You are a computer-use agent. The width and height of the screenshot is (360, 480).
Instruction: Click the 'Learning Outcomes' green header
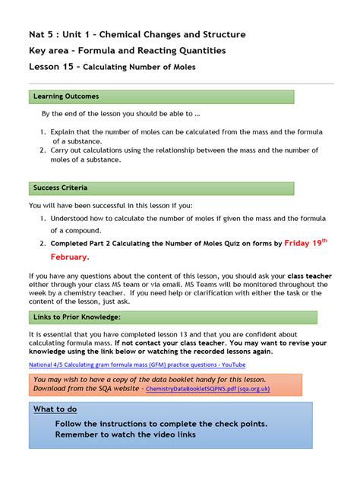pyautogui.click(x=65, y=96)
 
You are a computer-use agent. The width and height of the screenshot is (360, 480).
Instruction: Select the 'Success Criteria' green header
pyautogui.click(x=61, y=188)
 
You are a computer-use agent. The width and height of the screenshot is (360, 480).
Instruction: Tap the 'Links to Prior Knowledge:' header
pyautogui.click(x=76, y=316)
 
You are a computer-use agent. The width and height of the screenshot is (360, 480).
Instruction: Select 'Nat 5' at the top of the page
pyautogui.click(x=43, y=34)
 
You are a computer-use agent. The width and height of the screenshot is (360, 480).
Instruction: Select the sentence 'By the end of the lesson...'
pyautogui.click(x=121, y=114)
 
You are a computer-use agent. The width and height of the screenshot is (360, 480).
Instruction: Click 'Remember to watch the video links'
pyautogui.click(x=125, y=434)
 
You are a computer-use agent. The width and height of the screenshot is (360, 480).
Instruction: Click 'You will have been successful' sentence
pyautogui.click(x=110, y=205)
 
